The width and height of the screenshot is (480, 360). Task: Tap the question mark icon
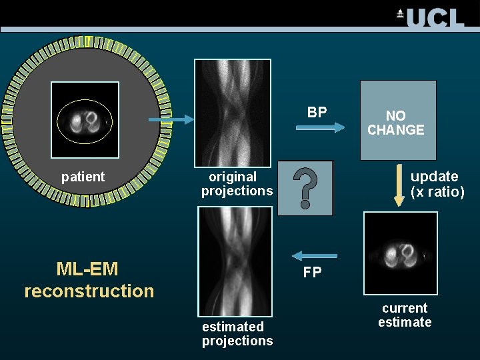click(305, 188)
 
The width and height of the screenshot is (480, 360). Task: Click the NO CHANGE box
click(398, 121)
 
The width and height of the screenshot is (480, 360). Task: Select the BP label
click(317, 112)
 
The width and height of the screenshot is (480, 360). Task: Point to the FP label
click(313, 272)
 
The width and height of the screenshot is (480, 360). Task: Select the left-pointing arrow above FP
click(306, 255)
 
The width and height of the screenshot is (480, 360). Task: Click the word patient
click(83, 177)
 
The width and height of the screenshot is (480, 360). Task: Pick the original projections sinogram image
click(233, 113)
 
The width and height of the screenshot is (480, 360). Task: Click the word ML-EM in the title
click(87, 269)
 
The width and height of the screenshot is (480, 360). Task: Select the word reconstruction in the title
click(89, 291)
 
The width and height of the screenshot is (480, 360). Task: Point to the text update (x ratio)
click(437, 185)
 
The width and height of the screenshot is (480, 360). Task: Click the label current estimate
click(405, 315)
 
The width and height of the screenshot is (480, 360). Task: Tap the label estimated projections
click(237, 333)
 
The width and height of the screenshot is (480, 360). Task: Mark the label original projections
click(237, 184)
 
